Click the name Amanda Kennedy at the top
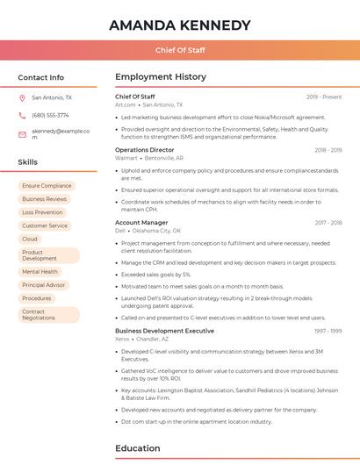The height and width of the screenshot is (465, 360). coord(180,25)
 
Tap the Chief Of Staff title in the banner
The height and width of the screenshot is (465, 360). coord(180,51)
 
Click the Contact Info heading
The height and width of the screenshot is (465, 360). coord(41,77)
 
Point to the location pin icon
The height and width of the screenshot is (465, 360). coord(22,98)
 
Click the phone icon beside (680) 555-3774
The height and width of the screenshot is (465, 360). coord(22,115)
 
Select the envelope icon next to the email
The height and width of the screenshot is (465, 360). coord(22,134)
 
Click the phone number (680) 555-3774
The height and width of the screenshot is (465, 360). coord(50,115)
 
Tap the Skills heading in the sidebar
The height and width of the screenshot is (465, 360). coord(28,162)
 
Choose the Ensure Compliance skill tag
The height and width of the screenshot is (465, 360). coord(47,186)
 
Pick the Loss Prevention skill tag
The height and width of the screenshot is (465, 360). coord(42,212)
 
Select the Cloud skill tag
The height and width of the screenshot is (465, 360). coord(30,239)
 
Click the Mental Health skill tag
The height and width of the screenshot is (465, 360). coord(40,272)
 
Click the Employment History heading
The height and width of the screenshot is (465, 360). coord(161,77)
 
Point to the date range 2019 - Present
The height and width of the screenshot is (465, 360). coord(324,97)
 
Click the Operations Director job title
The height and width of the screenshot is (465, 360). coord(145,150)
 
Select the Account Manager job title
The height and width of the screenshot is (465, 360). coord(141,223)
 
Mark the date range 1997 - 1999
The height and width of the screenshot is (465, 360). coord(328,331)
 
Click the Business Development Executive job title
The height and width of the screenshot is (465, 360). coord(164,331)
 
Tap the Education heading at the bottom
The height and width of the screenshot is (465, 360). coord(138,448)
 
